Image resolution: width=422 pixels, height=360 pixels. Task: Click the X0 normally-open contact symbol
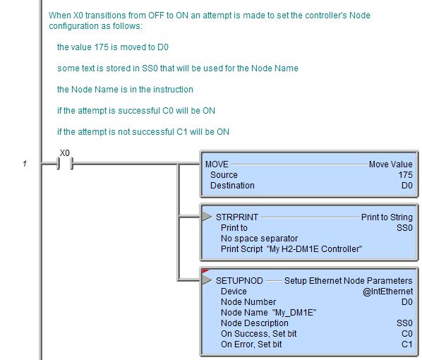(x=65, y=164)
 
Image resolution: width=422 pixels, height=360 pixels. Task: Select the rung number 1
(x=25, y=164)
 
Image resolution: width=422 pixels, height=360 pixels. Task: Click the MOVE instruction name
(x=217, y=164)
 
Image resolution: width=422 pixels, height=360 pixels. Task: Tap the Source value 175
(x=405, y=175)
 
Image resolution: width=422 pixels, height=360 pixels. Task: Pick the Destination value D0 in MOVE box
(x=407, y=186)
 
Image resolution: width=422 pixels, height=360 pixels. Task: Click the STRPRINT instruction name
(x=237, y=217)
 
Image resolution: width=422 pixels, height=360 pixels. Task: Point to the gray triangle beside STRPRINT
(x=207, y=216)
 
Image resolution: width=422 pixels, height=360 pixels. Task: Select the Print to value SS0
(x=404, y=228)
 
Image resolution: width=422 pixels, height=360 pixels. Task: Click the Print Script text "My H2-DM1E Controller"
(x=314, y=249)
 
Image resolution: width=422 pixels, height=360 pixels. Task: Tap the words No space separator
(x=259, y=239)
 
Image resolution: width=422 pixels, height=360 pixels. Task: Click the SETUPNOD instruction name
(x=239, y=280)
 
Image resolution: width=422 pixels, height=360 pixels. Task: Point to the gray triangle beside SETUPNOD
(x=207, y=280)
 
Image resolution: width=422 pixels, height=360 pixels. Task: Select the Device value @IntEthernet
(x=387, y=292)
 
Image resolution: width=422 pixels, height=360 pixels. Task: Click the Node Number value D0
(x=407, y=302)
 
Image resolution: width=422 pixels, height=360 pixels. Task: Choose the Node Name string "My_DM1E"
(x=294, y=313)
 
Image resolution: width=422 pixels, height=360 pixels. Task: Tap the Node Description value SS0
(x=404, y=323)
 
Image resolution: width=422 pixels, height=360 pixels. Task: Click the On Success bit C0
(x=407, y=334)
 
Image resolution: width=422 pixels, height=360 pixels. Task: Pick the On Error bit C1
(x=407, y=344)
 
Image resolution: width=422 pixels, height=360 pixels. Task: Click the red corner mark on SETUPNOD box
(x=205, y=271)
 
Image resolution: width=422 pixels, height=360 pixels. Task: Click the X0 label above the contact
(x=65, y=153)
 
